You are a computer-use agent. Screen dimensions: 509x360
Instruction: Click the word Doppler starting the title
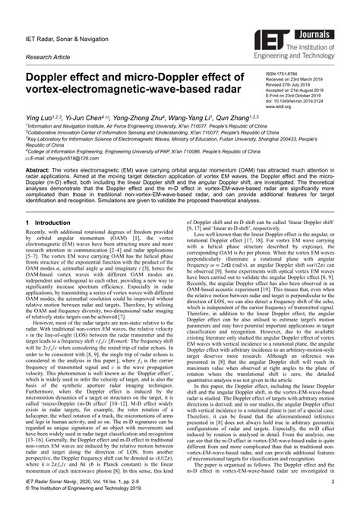tap(56, 77)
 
